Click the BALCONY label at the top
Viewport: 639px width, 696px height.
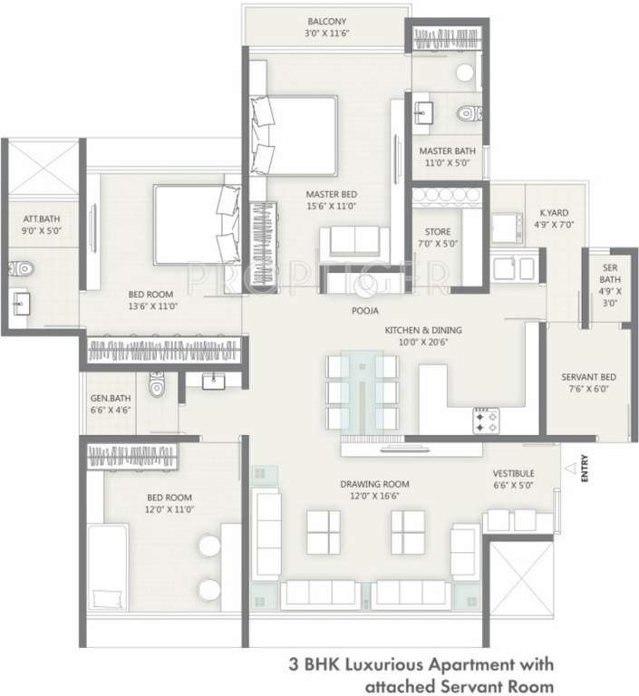(x=327, y=20)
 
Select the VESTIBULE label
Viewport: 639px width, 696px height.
(x=513, y=473)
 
